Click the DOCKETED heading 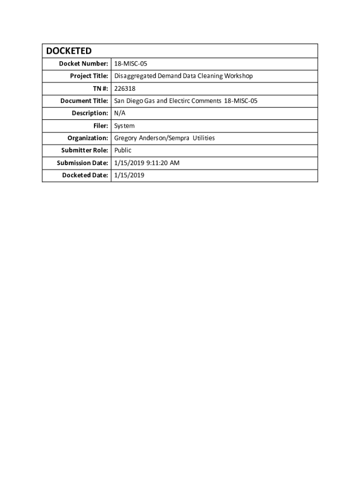pos(69,51)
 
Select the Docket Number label pos(83,64)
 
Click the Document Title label pos(84,101)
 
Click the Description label pos(90,113)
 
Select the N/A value pos(120,113)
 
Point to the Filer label pos(100,126)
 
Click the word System pos(124,126)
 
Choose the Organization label pos(87,138)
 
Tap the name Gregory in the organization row pos(125,138)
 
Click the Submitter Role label pos(85,151)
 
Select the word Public pos(123,151)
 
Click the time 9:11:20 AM pos(163,163)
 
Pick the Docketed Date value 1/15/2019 pos(130,175)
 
